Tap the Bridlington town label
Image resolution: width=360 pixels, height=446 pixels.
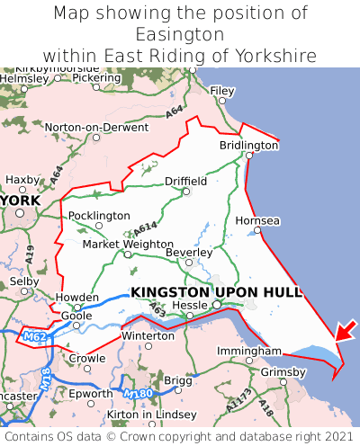[x=249, y=145]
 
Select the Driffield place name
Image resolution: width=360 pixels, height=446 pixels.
[x=185, y=181]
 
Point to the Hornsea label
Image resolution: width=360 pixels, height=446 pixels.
[x=257, y=220]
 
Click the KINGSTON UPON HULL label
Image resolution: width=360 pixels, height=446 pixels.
[x=216, y=292]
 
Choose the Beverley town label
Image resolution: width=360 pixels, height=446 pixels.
[x=189, y=253]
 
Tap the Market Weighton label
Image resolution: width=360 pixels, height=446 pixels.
[x=127, y=244]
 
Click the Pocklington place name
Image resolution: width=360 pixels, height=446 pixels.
[x=99, y=216]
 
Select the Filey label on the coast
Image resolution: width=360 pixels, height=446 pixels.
[x=221, y=91]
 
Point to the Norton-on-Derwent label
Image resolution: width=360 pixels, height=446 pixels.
[x=86, y=128]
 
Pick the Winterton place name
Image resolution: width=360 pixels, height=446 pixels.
[x=148, y=335]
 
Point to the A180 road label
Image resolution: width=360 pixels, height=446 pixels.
[x=139, y=394]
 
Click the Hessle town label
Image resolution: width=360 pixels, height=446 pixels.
[x=190, y=305]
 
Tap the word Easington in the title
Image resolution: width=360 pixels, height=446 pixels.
[x=180, y=34]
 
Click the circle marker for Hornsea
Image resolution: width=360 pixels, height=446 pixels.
[x=257, y=231]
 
